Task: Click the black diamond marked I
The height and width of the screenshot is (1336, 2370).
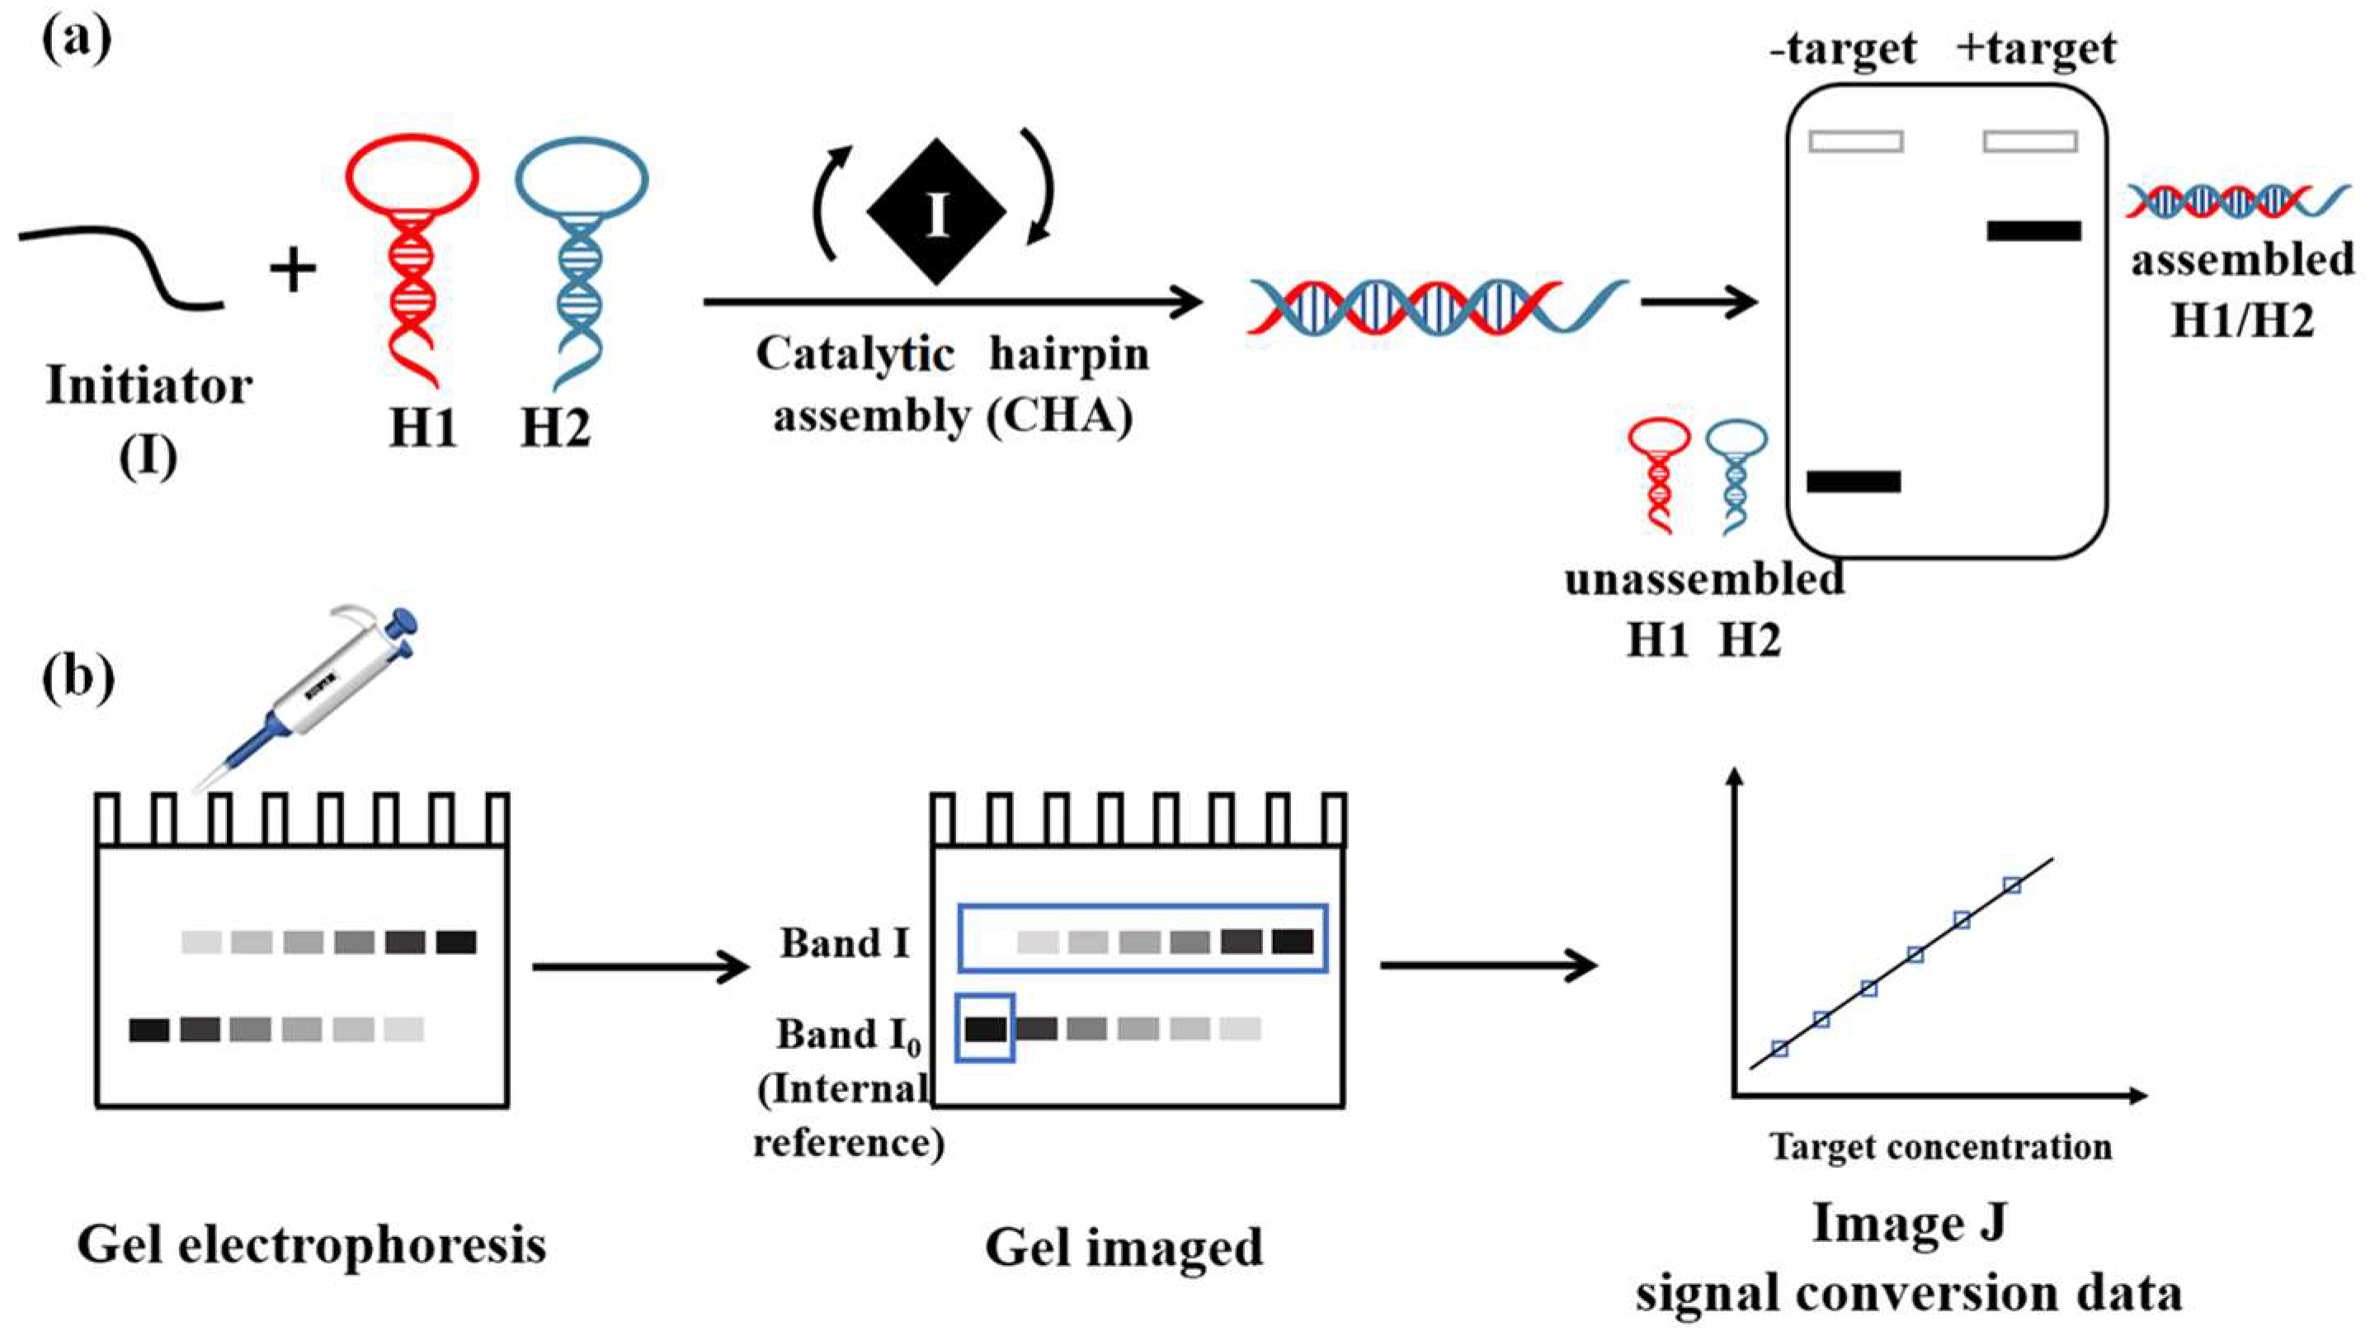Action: point(935,213)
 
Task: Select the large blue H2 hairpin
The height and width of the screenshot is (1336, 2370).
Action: point(581,257)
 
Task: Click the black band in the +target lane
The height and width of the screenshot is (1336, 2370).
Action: point(2033,230)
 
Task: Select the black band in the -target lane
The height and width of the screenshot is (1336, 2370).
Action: point(1853,481)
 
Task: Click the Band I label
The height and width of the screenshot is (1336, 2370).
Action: point(844,943)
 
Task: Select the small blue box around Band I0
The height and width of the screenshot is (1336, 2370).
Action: point(985,1027)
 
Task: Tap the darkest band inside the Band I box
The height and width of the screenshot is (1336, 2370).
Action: point(1292,942)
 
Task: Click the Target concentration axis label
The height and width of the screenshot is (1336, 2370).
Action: point(1940,1146)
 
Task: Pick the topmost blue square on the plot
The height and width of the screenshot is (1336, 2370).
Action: point(2012,885)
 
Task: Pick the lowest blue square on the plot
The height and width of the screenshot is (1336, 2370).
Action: point(1779,1048)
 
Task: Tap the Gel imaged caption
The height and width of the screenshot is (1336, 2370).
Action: point(1124,1248)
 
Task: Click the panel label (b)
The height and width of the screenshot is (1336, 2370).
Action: point(78,678)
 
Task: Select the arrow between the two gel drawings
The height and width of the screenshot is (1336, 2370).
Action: point(641,967)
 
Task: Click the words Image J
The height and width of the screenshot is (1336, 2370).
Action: point(1908,1224)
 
